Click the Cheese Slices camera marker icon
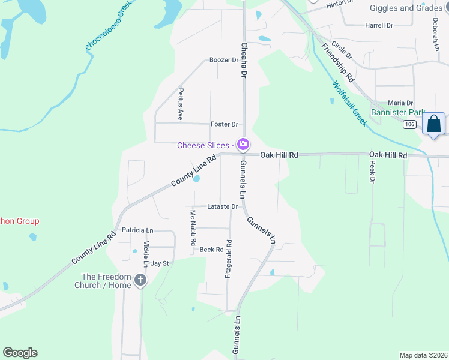[243, 145]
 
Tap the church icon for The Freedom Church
[140, 280]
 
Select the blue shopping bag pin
[433, 125]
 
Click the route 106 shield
[409, 124]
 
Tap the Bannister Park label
[397, 112]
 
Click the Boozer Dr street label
[223, 60]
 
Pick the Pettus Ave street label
[180, 104]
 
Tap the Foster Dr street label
[224, 124]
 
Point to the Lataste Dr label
[223, 206]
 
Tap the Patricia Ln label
[137, 230]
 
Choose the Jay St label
[160, 263]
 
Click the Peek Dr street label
[372, 172]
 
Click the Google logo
[20, 353]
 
